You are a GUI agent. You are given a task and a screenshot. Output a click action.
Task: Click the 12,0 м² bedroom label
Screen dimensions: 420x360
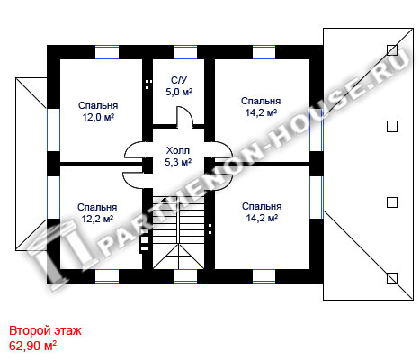click(x=98, y=112)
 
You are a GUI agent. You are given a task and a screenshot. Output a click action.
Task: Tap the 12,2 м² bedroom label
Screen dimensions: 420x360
click(x=97, y=213)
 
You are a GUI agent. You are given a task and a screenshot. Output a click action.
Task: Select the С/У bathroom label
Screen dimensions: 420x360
click(x=179, y=80)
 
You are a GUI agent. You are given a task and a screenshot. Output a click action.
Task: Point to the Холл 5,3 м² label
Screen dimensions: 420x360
click(x=178, y=157)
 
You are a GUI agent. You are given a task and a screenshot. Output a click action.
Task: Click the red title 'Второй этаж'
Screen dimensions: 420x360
click(x=45, y=330)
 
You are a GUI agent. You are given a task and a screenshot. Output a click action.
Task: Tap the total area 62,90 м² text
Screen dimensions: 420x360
click(x=33, y=346)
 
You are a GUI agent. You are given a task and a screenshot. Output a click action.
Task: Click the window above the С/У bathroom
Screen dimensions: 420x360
click(x=185, y=52)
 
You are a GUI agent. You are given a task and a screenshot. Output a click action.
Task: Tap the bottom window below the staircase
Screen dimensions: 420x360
click(x=185, y=276)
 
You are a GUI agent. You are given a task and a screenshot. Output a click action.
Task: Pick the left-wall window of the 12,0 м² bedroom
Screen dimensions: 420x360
click(x=53, y=130)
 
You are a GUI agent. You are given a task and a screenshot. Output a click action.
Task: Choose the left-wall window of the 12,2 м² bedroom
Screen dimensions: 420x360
click(x=53, y=197)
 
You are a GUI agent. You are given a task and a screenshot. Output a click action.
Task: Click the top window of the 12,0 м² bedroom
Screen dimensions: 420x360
click(x=107, y=52)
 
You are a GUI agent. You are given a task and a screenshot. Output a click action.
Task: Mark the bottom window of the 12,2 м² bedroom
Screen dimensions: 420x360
click(x=107, y=276)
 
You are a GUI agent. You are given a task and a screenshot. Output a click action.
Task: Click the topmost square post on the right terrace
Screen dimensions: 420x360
click(x=392, y=50)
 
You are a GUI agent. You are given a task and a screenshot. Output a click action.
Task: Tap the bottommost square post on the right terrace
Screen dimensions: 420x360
click(x=392, y=278)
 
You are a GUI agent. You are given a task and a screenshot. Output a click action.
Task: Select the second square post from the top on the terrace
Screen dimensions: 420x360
click(x=392, y=126)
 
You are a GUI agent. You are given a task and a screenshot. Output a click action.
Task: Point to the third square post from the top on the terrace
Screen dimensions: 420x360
click(x=392, y=202)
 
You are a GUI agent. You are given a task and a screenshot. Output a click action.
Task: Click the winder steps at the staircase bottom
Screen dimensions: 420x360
click(x=179, y=256)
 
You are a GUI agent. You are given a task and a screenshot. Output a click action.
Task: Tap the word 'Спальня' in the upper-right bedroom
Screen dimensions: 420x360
click(x=261, y=101)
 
